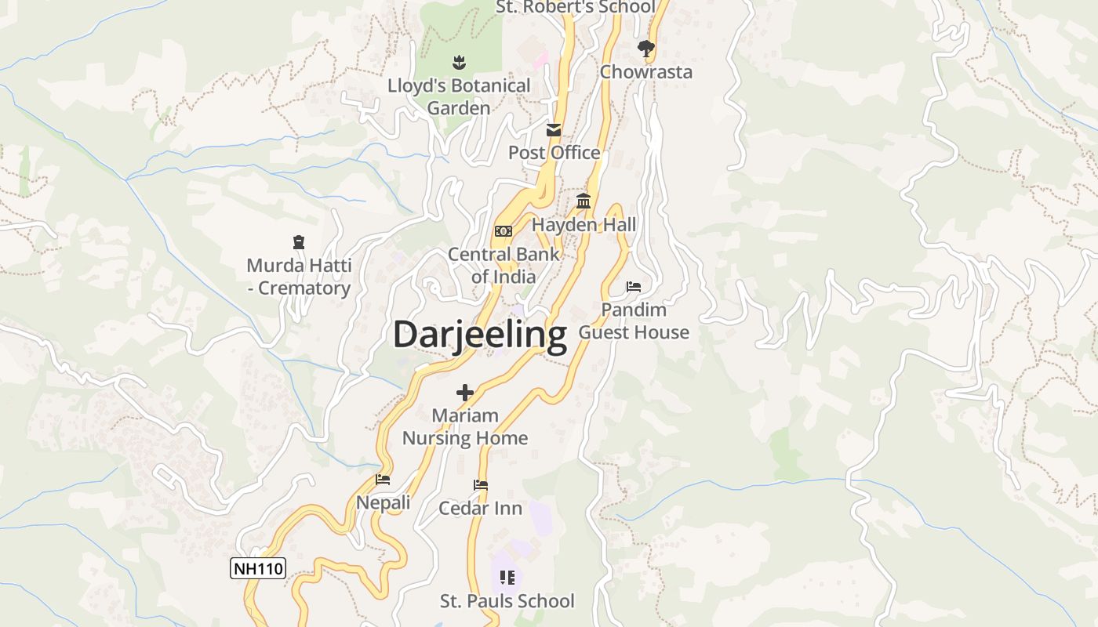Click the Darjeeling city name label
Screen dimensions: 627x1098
coord(479,335)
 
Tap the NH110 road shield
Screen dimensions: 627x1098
coord(258,568)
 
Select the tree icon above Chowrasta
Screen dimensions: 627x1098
coord(645,49)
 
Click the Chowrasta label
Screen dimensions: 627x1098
coord(645,72)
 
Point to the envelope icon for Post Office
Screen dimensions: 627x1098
coord(554,130)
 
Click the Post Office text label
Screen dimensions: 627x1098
coord(554,153)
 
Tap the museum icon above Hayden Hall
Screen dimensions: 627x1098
coord(584,201)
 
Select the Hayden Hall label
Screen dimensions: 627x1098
coord(584,225)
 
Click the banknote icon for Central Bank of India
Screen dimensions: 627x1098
coord(504,230)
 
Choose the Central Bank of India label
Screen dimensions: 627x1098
coord(504,265)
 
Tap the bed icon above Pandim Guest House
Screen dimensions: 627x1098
coord(634,287)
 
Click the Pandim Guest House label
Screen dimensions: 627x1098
coord(634,321)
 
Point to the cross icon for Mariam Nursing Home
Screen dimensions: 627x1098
coord(465,392)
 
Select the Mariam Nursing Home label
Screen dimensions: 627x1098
coord(465,426)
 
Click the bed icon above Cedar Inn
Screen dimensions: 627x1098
coord(481,485)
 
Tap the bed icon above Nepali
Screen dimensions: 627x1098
coord(383,479)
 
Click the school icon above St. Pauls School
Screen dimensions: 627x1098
coord(507,578)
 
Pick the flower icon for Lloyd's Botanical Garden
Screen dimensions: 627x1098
coord(459,62)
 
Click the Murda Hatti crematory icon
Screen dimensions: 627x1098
coord(298,242)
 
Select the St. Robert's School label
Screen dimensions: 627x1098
coord(576,7)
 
